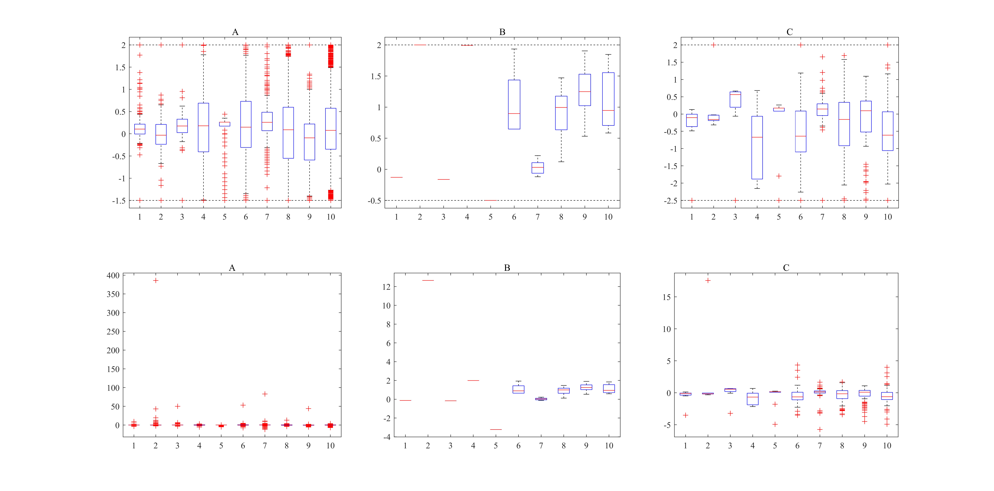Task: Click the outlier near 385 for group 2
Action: (156, 280)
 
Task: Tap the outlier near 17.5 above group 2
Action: (708, 280)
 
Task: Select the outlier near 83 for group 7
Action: (265, 394)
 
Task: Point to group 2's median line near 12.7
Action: (428, 280)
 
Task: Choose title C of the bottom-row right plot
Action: (786, 268)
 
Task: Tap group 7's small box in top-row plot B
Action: (537, 168)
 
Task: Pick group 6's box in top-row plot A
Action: (246, 124)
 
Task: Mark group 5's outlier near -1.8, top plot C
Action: (779, 176)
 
